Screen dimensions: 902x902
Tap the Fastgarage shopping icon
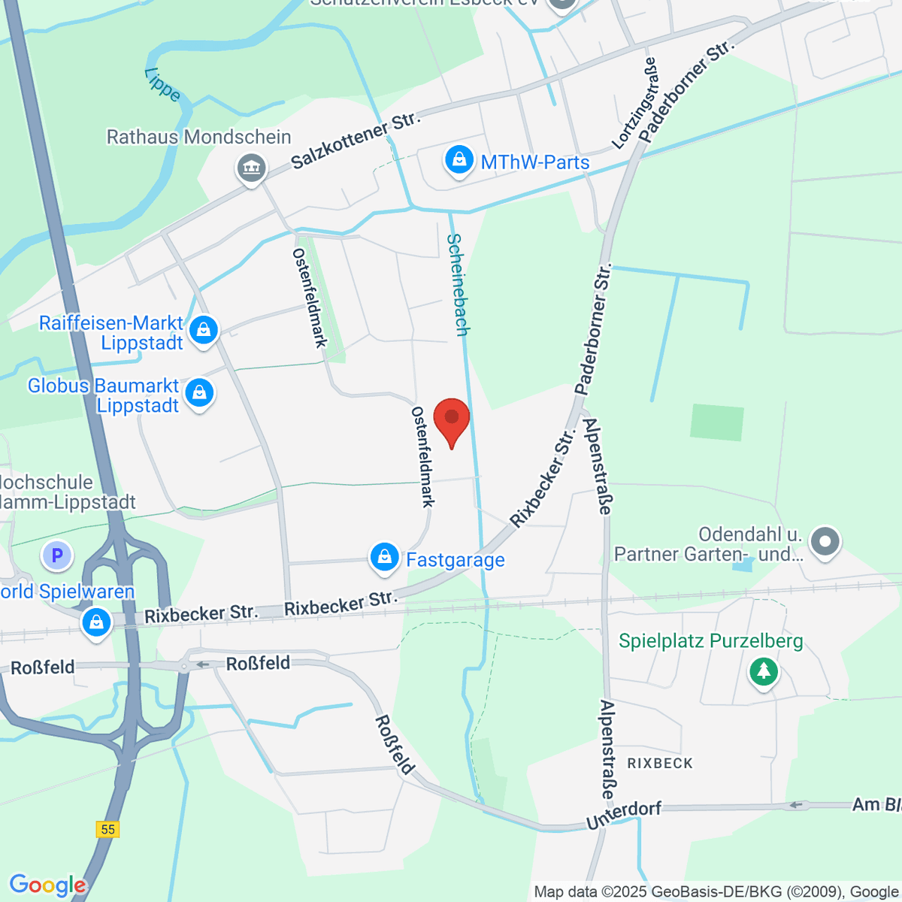384,558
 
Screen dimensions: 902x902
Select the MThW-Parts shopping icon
459,160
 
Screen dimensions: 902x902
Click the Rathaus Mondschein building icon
251,168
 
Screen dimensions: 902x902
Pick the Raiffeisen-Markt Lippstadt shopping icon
203,330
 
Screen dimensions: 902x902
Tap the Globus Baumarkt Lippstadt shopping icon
199,393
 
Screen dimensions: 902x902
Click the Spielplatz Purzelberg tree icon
764,670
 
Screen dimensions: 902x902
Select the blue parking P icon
57,556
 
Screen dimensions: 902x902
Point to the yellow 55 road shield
108,829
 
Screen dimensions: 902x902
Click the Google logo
47,885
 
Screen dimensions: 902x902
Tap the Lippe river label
162,84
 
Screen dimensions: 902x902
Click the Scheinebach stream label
458,284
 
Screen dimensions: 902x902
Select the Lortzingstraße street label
636,104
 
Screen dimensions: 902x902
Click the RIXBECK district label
660,763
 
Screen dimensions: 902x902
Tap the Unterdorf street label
624,814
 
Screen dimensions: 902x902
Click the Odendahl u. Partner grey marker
825,541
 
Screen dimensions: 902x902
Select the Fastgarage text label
456,560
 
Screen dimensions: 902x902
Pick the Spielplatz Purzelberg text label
710,641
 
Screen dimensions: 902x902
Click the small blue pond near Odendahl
742,563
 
